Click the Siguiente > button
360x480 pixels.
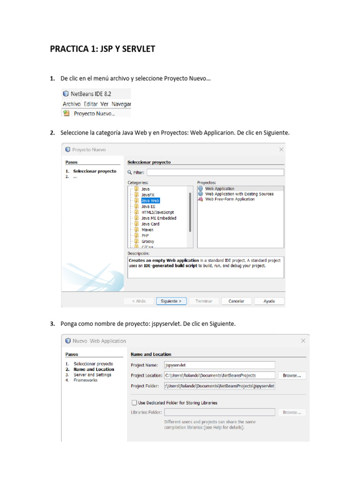(x=171, y=301)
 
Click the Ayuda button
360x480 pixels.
(x=269, y=301)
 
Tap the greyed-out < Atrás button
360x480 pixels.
(x=139, y=301)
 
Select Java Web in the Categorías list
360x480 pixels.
(x=150, y=200)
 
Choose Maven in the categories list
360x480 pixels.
(x=147, y=230)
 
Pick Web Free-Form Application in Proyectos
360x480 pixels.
(x=230, y=199)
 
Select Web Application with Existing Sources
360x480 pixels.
(x=239, y=194)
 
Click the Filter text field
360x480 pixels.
(x=215, y=172)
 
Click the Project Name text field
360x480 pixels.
(x=219, y=365)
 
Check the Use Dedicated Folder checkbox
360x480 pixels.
(x=135, y=402)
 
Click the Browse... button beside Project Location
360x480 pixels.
(x=292, y=375)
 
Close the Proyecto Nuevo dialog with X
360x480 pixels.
(x=281, y=150)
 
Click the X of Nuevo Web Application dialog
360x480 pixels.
(x=303, y=341)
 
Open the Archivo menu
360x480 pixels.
(x=72, y=104)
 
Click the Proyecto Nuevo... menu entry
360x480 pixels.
(x=94, y=113)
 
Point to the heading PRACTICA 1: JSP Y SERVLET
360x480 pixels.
(x=103, y=49)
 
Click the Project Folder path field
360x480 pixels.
(x=219, y=386)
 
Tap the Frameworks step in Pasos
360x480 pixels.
(x=85, y=380)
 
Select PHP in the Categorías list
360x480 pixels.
(x=145, y=235)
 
